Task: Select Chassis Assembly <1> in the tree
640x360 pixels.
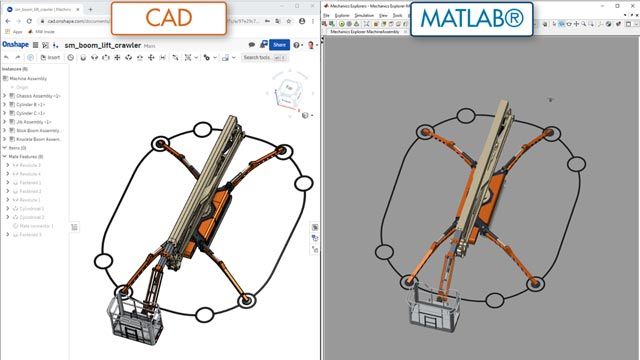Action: [x=39, y=96]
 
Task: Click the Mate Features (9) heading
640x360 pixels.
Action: [x=26, y=157]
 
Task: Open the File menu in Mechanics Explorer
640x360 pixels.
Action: [x=327, y=16]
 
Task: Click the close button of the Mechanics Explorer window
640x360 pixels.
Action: [x=632, y=5]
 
